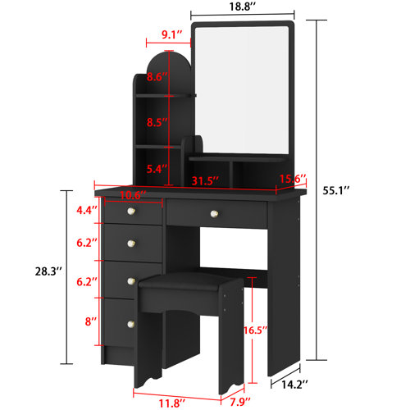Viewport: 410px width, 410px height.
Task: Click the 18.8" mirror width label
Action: click(239, 7)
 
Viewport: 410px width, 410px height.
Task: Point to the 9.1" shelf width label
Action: click(172, 34)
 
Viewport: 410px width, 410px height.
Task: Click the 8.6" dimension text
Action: click(157, 77)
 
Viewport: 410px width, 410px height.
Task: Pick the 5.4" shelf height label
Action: click(157, 169)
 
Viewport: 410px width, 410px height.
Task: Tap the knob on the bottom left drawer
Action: click(130, 326)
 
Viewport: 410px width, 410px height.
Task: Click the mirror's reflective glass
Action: click(239, 90)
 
